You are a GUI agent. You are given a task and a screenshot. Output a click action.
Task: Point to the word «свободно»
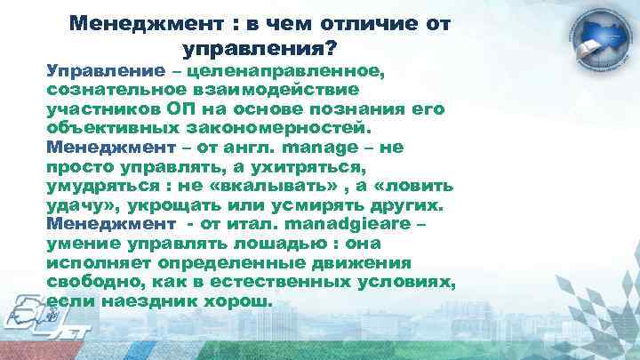point(89,283)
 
